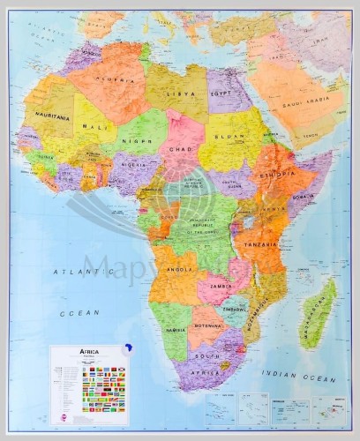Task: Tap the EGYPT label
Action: pyautogui.click(x=220, y=93)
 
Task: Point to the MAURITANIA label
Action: pyautogui.click(x=52, y=115)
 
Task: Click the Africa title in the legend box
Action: pyautogui.click(x=66, y=351)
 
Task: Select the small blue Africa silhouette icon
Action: pyautogui.click(x=128, y=347)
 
